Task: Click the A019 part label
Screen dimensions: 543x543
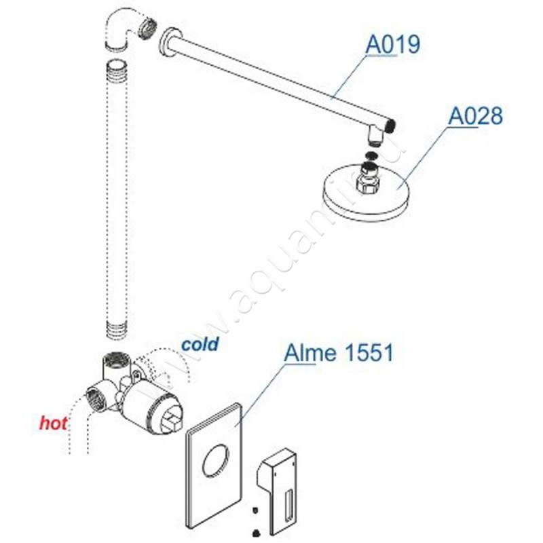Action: (x=393, y=45)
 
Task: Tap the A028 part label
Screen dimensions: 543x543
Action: (x=475, y=116)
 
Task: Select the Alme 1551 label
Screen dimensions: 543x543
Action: (x=339, y=353)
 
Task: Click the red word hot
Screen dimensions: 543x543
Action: (x=54, y=423)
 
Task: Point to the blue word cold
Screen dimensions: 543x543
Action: (x=200, y=344)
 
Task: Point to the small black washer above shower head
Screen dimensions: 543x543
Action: (x=371, y=155)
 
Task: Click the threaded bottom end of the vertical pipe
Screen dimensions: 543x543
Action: (x=116, y=330)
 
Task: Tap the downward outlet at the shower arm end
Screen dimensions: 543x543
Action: (x=375, y=136)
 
